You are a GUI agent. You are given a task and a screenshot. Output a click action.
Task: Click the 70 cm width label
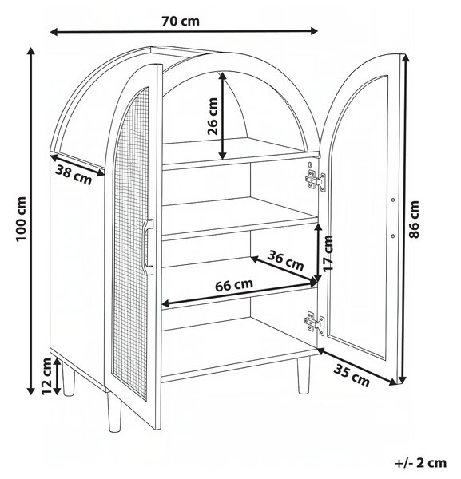tap(181, 21)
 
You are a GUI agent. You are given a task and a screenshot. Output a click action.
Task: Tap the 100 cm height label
tap(22, 219)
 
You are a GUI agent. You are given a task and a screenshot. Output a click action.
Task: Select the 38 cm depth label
tap(74, 176)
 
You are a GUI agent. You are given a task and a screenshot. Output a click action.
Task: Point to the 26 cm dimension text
tap(213, 117)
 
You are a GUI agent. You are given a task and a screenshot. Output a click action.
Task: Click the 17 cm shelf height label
tap(328, 253)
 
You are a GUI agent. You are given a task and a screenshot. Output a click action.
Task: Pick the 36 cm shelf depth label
tap(285, 260)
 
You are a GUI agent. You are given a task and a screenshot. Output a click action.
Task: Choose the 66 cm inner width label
tap(234, 285)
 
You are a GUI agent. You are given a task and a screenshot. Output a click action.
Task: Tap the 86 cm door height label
tap(414, 220)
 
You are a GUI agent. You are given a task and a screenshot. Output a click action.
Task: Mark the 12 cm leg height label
tap(47, 376)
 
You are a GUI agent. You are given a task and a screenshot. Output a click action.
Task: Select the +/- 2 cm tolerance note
tap(420, 463)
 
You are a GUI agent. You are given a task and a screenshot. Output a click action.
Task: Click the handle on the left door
tap(149, 247)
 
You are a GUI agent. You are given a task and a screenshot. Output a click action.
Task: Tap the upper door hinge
tap(315, 180)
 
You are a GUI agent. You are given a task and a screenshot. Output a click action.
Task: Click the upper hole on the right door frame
tap(393, 200)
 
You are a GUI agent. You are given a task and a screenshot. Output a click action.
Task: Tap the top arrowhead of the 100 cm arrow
tap(30, 51)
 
